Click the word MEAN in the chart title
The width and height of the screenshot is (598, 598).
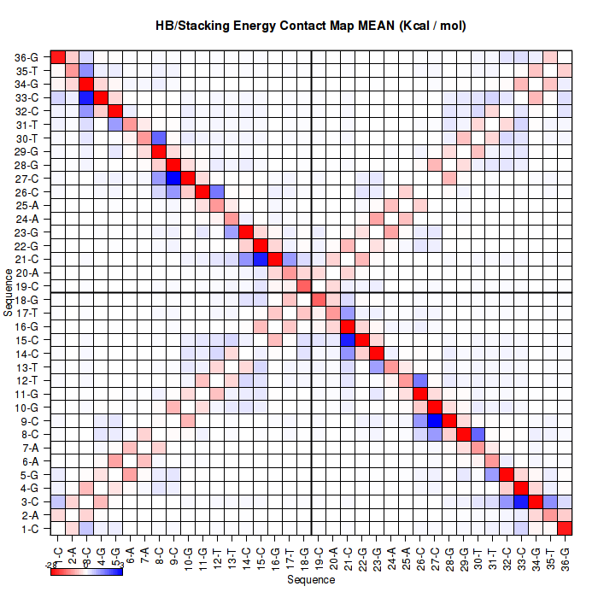point(373,26)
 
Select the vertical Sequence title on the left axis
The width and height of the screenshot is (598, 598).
point(9,293)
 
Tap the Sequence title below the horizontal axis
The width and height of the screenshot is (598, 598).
point(311,580)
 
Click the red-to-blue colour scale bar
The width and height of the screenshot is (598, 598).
point(87,571)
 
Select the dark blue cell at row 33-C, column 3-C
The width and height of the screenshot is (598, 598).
point(86,97)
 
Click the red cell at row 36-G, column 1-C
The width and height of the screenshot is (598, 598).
point(58,57)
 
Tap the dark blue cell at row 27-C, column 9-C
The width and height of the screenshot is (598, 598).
point(173,179)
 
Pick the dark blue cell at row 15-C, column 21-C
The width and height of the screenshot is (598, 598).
point(347,340)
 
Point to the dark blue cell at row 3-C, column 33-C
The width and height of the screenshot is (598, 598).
point(520,501)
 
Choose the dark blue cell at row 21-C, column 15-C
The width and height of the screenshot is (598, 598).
point(260,259)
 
